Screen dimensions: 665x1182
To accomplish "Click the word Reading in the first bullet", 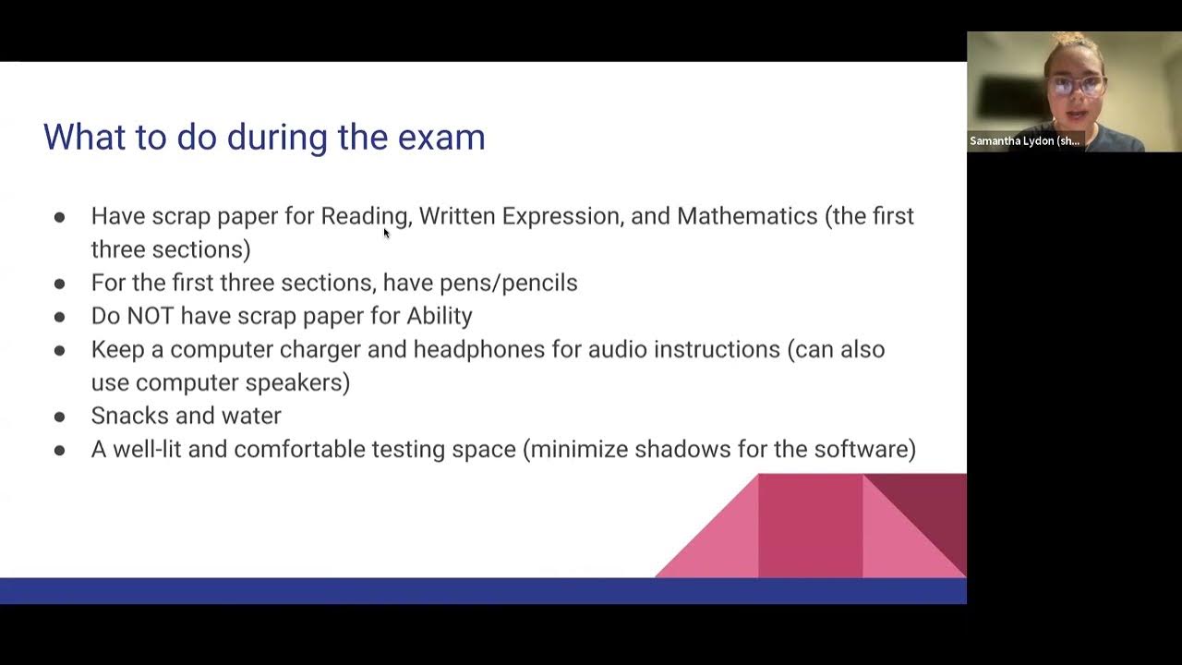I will (364, 216).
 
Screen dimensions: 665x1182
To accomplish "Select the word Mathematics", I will (747, 216).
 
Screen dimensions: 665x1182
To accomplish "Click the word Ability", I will (440, 316).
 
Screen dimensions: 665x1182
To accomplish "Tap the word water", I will (251, 416).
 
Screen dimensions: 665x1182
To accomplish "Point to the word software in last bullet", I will (861, 449).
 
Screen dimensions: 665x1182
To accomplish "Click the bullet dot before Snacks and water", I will (60, 417).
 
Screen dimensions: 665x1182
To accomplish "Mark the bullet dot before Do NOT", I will (60, 317).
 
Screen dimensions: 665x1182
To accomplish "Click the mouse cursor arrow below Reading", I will (386, 233).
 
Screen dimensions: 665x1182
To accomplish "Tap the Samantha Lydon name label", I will (1024, 141).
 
